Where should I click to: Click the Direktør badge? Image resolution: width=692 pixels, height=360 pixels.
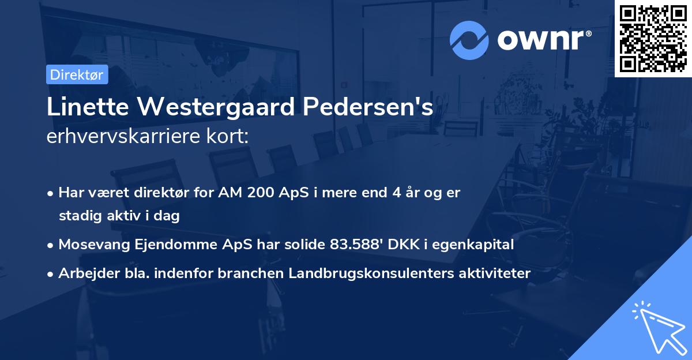tap(77, 74)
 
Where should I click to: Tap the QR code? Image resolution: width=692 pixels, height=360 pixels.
tap(653, 38)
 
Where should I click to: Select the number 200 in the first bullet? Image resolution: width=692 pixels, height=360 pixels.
tap(264, 193)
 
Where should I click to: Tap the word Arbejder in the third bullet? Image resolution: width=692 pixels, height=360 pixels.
tap(84, 273)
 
